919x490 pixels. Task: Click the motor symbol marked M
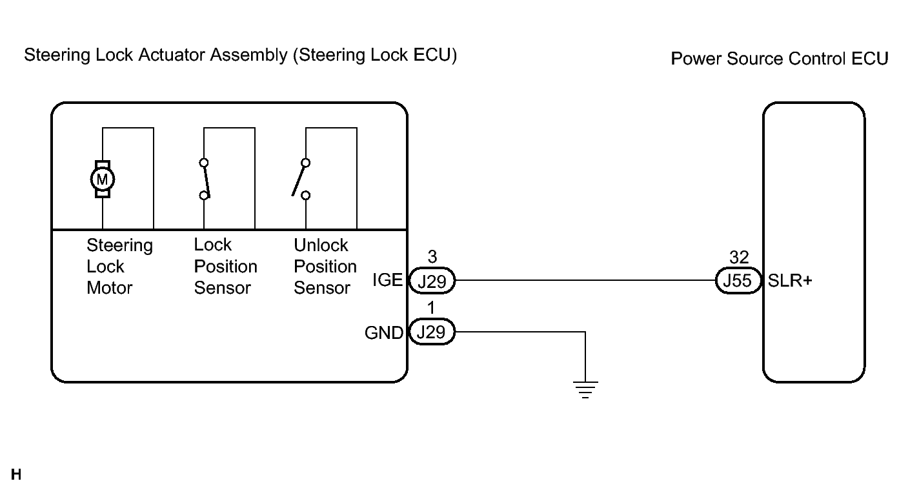[103, 178]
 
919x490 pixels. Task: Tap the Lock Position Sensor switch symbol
[205, 178]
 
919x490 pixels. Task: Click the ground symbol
[585, 390]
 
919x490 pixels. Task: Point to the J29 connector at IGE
[432, 281]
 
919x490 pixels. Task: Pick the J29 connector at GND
[432, 333]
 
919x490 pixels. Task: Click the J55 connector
[739, 281]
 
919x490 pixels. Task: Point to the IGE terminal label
[388, 281]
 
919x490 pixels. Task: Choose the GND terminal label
[384, 333]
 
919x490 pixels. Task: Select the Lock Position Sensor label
[225, 266]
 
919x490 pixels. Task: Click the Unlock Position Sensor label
[325, 266]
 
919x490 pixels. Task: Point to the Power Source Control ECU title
[780, 59]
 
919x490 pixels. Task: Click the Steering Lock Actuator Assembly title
[240, 56]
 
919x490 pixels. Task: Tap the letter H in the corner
[16, 476]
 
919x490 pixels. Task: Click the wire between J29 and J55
[585, 281]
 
